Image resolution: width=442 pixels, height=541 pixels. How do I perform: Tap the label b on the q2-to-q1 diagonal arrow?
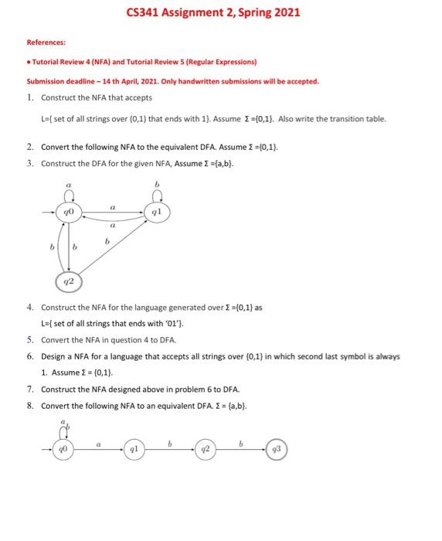click(x=107, y=242)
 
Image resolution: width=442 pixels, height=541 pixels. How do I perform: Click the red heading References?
click(x=46, y=43)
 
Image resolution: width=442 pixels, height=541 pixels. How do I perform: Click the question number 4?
click(x=28, y=307)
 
